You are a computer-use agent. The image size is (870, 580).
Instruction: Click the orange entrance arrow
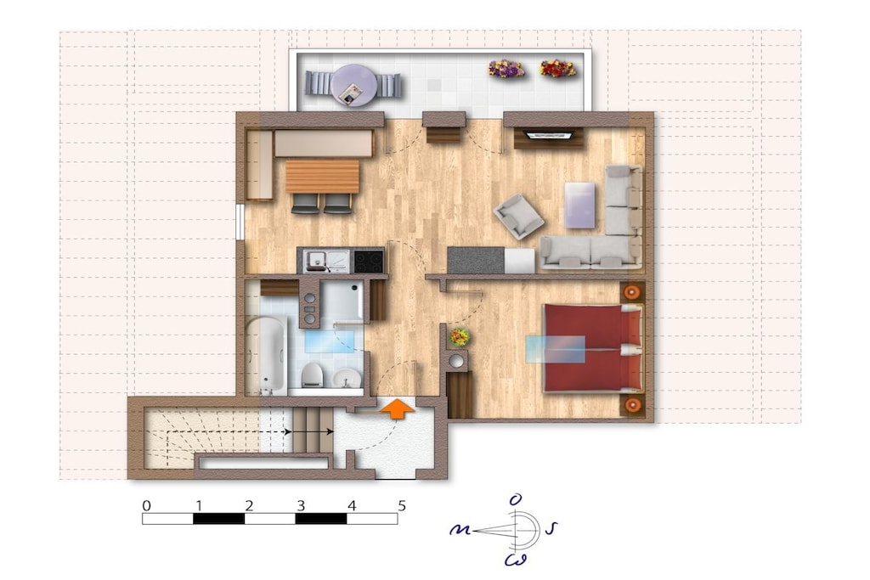(x=398, y=409)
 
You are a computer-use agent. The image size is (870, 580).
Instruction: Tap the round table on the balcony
(x=353, y=86)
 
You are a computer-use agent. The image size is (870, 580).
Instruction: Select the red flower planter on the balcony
(x=557, y=69)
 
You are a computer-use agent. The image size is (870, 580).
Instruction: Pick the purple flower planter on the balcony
(x=506, y=69)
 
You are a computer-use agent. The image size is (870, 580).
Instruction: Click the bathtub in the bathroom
(x=266, y=355)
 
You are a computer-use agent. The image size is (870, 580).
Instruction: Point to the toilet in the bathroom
(x=313, y=375)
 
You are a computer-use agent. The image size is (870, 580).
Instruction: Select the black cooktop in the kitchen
(x=369, y=262)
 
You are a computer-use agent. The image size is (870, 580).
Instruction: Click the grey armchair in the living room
(x=518, y=217)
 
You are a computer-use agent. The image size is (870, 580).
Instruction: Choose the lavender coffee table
(x=579, y=206)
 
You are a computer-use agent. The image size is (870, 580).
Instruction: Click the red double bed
(x=592, y=348)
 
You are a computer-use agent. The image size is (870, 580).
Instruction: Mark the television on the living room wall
(x=550, y=135)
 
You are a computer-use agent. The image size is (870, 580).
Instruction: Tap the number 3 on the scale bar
(x=301, y=506)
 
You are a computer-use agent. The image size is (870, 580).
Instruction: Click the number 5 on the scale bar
(x=402, y=506)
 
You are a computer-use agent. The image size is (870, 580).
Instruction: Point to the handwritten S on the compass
(x=551, y=529)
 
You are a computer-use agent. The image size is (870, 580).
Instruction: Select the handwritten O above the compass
(x=516, y=500)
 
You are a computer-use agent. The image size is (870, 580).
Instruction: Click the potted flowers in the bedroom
(x=460, y=336)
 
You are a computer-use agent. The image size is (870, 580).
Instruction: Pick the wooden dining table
(x=322, y=177)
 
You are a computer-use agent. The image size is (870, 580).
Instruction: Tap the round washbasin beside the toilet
(x=347, y=378)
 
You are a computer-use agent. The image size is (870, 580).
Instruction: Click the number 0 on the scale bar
(x=146, y=506)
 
